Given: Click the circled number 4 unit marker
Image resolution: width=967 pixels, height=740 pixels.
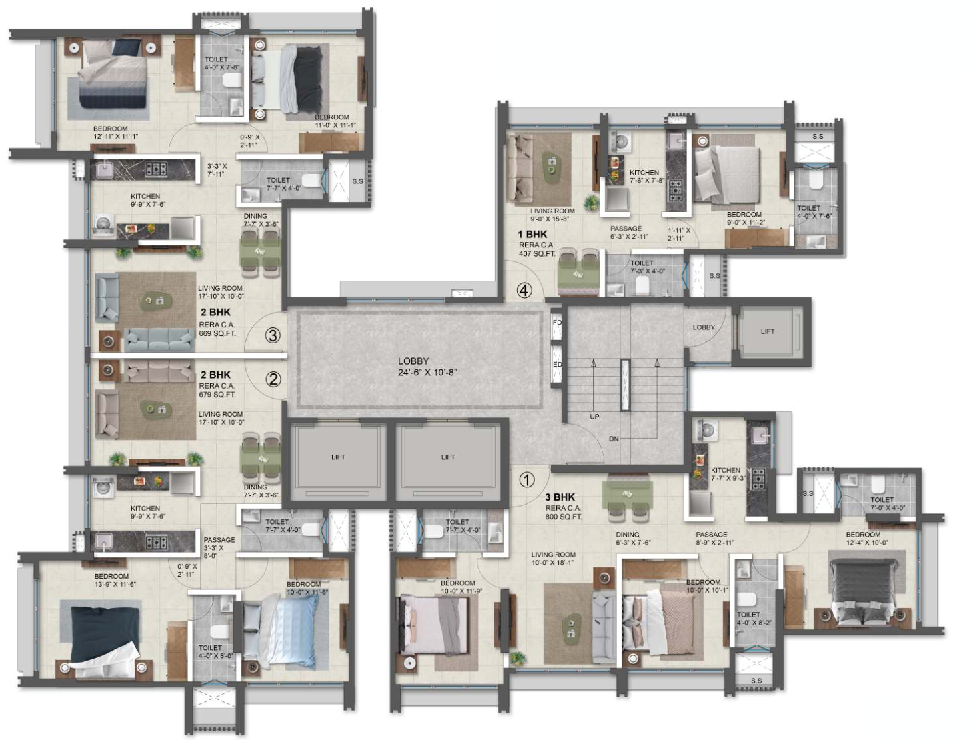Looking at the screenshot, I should click(525, 291).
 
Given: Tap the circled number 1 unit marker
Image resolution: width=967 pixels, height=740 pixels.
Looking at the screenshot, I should click(527, 479).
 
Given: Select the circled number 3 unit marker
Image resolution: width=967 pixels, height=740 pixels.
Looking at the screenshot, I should click(272, 335).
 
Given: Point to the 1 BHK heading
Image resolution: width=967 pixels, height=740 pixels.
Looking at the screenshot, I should click(532, 235).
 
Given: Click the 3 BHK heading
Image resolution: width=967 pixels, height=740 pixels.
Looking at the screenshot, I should click(560, 497).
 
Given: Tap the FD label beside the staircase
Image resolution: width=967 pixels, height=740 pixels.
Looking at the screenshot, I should click(557, 323).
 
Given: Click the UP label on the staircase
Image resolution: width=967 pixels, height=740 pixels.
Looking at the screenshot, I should click(594, 417).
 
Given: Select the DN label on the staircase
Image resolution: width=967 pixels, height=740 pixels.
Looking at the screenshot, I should click(614, 439).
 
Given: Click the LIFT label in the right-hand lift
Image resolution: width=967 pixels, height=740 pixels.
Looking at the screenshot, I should click(768, 331).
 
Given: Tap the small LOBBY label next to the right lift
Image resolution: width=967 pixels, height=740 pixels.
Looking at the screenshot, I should click(704, 327).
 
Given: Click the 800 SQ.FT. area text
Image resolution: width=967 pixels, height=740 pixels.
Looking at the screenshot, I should click(564, 517).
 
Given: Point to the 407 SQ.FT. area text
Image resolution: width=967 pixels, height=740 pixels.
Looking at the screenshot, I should click(538, 253).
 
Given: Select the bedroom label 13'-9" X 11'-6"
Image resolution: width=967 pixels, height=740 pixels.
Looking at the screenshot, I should click(115, 584).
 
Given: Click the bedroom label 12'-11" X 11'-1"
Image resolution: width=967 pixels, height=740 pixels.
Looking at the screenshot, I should click(115, 137).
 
